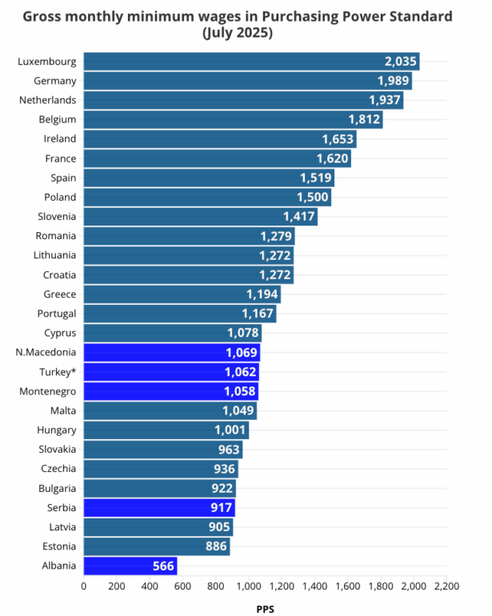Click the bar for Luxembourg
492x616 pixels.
251,62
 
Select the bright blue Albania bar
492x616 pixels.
130,566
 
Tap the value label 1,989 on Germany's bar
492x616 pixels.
394,81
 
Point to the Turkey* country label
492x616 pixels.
58,372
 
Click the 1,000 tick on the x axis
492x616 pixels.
248,586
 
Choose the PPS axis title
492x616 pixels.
265,609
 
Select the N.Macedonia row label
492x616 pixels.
46,353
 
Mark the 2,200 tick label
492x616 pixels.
446,586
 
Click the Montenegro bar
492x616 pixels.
170,391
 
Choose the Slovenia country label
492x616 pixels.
57,216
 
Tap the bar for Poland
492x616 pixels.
206,197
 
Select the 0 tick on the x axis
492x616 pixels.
84,586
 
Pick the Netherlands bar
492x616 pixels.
243,100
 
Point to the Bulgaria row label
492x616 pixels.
57,488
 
